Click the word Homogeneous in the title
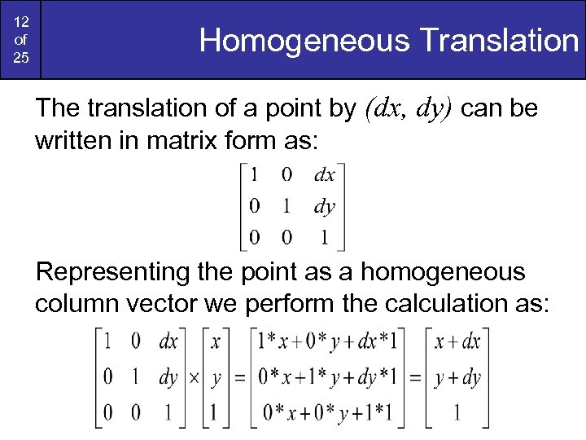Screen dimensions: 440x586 click(301, 40)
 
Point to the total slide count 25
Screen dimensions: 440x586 click(20, 59)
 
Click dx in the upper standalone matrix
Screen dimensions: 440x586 click(324, 175)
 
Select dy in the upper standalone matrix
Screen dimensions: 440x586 click(324, 206)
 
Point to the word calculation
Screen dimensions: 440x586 click(470, 303)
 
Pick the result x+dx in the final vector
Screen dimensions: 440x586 click(457, 342)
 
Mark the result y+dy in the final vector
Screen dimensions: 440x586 click(457, 377)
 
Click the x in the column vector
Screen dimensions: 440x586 click(215, 342)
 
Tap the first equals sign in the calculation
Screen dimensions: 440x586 click(239, 378)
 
